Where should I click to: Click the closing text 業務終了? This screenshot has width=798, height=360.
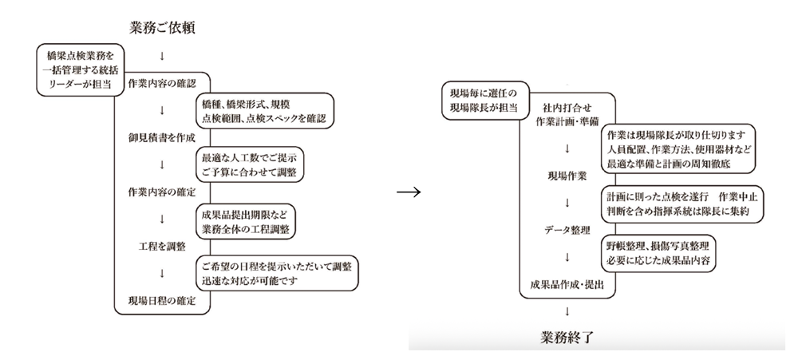point(567,334)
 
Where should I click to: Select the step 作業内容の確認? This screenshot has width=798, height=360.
point(162,83)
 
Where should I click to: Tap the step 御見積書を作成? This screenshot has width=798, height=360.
point(162,137)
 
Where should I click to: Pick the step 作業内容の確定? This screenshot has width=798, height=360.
point(162,192)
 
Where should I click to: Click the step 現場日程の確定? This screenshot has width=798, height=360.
point(162,301)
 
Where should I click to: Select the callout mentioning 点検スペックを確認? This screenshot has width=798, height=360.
point(263,110)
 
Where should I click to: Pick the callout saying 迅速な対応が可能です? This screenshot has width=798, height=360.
point(277,273)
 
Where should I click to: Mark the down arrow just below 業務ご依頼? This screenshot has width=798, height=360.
point(162,56)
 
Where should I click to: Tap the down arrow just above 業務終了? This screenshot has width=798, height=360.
point(567,311)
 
